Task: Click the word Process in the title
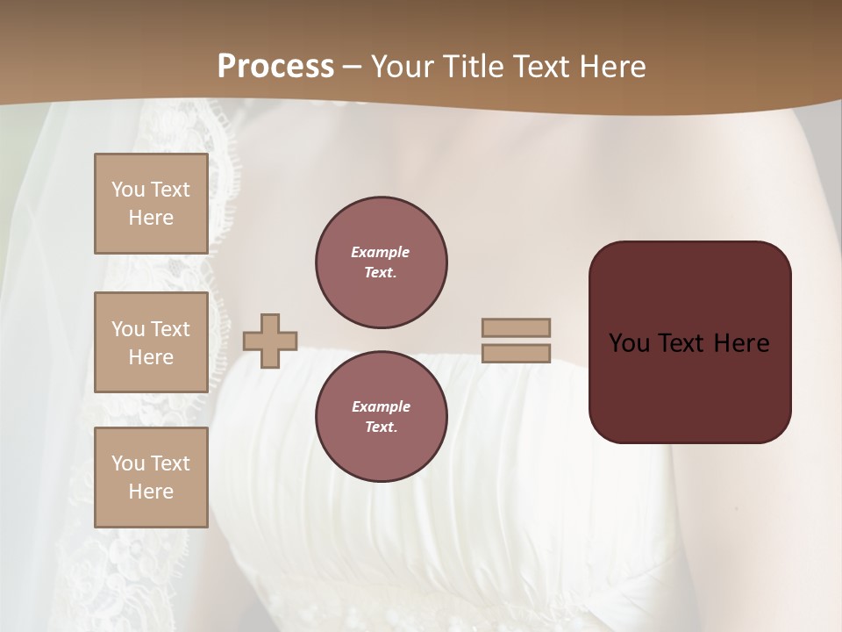coord(275,67)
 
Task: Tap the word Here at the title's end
coord(608,67)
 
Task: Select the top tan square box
coord(151,204)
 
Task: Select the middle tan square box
coord(151,342)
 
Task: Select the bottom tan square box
coord(151,478)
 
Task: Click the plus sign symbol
coord(270,341)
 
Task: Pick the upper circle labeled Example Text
coord(381,262)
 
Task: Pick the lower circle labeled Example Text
coord(381,417)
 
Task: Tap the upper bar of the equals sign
coord(517,327)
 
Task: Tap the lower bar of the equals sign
coord(517,353)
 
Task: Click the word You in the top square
coord(128,190)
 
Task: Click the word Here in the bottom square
coord(151,492)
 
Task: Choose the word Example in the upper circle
coord(381,252)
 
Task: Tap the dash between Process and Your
coord(353,67)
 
